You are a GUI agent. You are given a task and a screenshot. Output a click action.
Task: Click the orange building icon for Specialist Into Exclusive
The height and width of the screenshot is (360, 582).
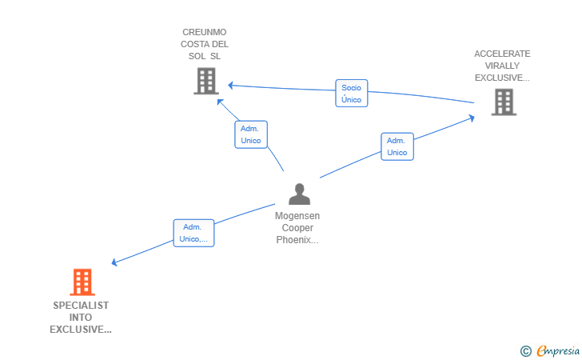click(82, 282)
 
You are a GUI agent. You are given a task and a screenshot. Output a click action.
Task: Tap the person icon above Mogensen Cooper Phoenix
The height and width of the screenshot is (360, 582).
click(299, 194)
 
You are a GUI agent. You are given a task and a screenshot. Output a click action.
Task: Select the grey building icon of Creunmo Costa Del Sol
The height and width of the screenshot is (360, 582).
click(206, 81)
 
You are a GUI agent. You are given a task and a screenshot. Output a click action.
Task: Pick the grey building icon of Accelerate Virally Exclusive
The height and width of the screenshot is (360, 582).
click(503, 102)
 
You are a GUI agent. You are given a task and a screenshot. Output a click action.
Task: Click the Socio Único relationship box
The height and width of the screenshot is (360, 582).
click(351, 94)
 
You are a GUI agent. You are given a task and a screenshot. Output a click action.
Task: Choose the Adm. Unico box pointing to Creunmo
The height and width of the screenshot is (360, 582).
click(251, 134)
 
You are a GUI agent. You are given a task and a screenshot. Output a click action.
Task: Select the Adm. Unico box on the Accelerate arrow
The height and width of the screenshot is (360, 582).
click(397, 146)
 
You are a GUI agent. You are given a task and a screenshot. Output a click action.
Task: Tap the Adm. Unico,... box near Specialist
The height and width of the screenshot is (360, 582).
click(193, 233)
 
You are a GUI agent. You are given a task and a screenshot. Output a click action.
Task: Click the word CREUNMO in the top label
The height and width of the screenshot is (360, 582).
click(205, 33)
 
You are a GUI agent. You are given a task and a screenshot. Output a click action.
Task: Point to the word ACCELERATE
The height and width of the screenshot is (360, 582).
click(502, 54)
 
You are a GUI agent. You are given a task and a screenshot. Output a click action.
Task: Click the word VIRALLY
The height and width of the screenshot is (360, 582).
click(502, 66)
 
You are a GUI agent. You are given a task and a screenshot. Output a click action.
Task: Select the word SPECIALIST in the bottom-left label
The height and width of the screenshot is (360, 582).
click(81, 306)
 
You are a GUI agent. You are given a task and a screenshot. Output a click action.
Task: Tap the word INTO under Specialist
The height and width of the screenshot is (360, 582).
click(81, 318)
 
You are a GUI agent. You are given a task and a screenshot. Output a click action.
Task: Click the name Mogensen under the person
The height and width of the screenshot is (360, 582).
click(297, 216)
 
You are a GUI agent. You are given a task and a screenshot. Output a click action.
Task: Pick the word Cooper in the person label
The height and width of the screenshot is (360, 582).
click(297, 228)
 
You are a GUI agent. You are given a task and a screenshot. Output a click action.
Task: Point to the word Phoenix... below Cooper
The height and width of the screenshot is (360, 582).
click(297, 240)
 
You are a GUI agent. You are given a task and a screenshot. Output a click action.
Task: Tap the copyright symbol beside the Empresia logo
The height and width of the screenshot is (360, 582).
click(525, 350)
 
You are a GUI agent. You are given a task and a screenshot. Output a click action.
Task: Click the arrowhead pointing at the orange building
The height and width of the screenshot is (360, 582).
click(114, 262)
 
